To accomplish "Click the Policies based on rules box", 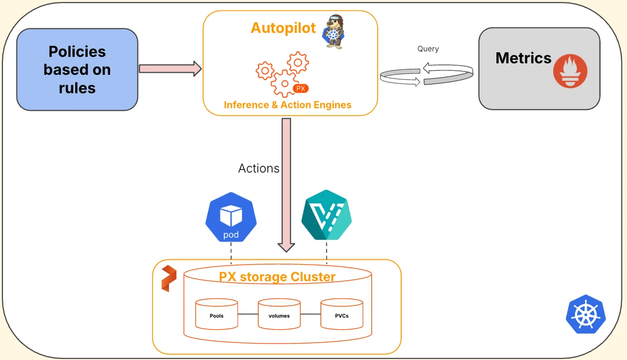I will [77, 69].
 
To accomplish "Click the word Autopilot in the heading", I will [283, 28].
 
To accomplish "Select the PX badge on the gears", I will [301, 88].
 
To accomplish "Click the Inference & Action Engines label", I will [288, 105].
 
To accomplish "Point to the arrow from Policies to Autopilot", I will [170, 68].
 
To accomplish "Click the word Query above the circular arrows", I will [428, 49].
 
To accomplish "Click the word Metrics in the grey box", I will [523, 58].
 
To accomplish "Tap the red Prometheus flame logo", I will [570, 71].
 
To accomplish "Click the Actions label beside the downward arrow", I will [259, 169].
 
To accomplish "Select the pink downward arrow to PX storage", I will [286, 184].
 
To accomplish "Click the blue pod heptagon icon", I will [231, 217].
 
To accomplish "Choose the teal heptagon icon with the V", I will [326, 215].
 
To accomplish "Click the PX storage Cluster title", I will [277, 277].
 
